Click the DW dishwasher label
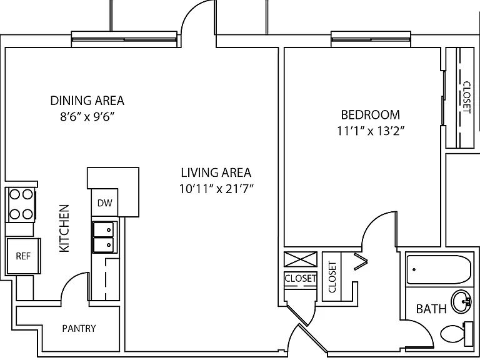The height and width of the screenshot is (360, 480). pos(105,203)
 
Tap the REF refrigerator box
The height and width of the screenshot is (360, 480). pos(24,256)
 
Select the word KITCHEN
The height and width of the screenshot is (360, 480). pos(64,228)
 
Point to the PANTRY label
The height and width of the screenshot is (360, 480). pos(79,329)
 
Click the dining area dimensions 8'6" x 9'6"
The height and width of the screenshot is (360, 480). pos(87,117)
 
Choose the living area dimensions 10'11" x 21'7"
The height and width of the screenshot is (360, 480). pos(216,189)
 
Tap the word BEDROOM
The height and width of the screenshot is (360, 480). pos(371,115)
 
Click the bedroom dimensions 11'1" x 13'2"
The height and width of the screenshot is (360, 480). pos(371,131)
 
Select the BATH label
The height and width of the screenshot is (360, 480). pos(431,309)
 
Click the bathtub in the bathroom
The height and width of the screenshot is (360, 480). pos(438,270)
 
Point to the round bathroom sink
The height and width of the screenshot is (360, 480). pos(461,301)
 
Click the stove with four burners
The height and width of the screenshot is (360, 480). pos(21,204)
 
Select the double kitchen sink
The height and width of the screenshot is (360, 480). pos(105,237)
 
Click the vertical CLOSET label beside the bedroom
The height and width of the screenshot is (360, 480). pos(466,97)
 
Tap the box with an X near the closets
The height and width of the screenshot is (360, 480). pos(300,259)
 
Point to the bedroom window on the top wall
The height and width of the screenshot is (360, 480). pos(371,39)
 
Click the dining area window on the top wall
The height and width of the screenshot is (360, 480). pos(124,39)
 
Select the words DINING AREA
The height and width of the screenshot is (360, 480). pos(87,101)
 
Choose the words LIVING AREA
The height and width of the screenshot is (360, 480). pos(216,172)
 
